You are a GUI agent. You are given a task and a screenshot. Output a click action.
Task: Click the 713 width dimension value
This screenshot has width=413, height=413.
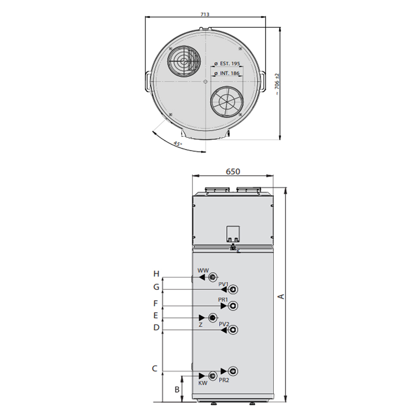(205, 14)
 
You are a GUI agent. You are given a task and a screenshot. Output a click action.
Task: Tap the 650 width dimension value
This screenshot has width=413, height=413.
(233, 171)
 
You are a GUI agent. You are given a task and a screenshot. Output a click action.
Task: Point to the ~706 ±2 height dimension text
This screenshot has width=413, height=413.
(277, 85)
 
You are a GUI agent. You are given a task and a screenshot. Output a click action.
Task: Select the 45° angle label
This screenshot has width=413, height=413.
(178, 144)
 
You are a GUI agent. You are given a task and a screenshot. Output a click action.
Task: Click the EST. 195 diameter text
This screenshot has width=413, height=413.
(227, 64)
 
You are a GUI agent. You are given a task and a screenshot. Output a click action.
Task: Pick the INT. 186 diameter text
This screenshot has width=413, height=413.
(227, 73)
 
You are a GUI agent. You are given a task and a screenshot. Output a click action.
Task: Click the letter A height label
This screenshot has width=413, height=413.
(281, 296)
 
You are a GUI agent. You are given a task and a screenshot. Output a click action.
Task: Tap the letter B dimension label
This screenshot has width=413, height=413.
(177, 389)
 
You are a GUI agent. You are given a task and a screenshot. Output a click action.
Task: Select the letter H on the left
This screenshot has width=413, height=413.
(156, 274)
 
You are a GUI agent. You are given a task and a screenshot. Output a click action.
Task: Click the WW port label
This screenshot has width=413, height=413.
(203, 271)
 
